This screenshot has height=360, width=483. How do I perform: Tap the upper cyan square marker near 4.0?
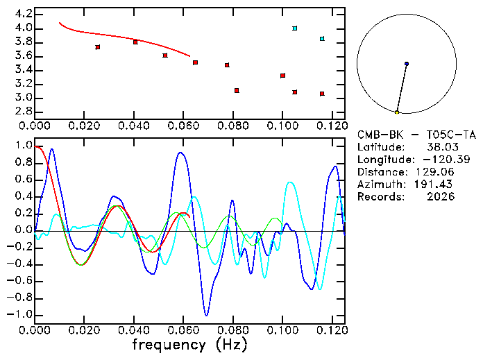pyautogui.click(x=295, y=28)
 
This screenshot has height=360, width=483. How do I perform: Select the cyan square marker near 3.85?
pyautogui.click(x=322, y=39)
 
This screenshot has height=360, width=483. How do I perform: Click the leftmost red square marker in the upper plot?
pyautogui.click(x=98, y=47)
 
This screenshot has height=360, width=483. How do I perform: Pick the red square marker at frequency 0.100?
pyautogui.click(x=282, y=76)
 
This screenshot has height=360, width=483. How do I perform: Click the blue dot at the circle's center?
pyautogui.click(x=407, y=64)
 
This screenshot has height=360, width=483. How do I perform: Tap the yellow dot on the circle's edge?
pyautogui.click(x=397, y=112)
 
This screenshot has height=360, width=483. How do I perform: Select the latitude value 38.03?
pyautogui.click(x=439, y=147)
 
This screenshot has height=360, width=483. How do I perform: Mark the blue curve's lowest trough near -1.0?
pyautogui.click(x=206, y=315)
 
